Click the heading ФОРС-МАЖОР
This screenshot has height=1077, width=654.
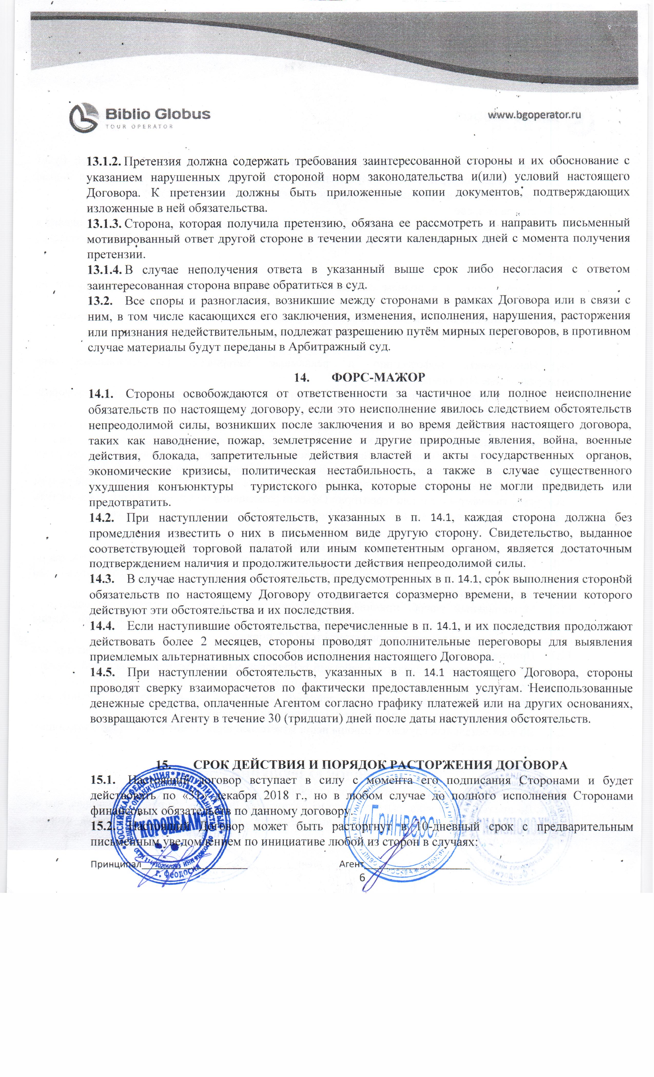click(x=379, y=377)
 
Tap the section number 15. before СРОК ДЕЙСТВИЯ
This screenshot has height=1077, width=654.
click(x=163, y=765)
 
